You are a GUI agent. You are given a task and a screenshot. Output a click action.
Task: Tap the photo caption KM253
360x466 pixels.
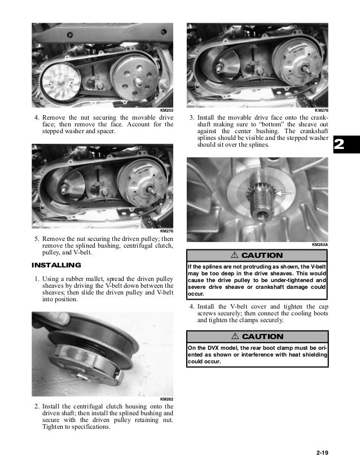[x=166, y=110]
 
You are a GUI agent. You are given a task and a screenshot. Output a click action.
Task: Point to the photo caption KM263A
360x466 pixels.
[x=319, y=244]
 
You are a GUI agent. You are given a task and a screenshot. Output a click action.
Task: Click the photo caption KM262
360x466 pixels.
[x=166, y=399]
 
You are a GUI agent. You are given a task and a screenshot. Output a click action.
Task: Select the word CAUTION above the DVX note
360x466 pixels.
[x=262, y=336]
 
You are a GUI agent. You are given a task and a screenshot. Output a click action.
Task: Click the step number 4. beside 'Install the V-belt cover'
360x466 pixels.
[x=192, y=306]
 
